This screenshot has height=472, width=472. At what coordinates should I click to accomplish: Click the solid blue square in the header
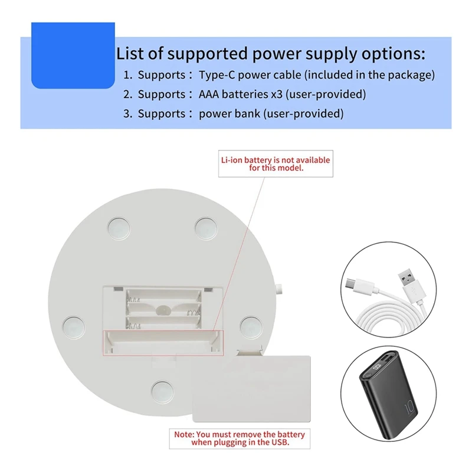tap(73, 55)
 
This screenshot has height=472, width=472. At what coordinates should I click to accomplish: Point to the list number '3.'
tap(127, 113)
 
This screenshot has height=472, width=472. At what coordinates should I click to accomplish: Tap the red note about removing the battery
tap(239, 438)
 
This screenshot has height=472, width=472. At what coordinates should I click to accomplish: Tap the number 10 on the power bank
tap(408, 408)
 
